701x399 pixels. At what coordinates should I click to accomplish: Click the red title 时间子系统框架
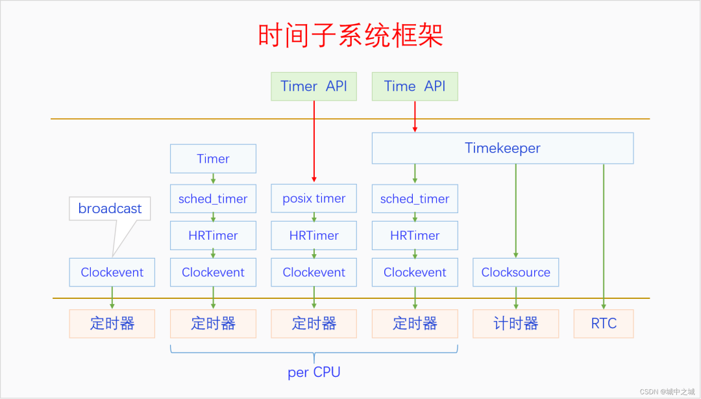coord(350,36)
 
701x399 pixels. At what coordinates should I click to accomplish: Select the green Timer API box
coord(314,86)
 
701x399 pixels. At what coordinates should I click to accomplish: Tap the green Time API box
coord(415,86)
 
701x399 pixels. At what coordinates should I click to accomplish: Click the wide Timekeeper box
coord(502,148)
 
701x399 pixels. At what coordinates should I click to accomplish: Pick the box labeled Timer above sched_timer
coord(213,159)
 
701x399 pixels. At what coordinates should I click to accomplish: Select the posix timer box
coord(314,199)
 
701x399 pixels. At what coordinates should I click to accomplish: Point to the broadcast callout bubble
coord(110,209)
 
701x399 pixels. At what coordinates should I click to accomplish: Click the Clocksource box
coord(515,272)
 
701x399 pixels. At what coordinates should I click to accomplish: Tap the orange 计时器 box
coord(515,324)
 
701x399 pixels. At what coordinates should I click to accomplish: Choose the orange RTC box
coord(604,324)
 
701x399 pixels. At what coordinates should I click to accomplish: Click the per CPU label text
coord(314,372)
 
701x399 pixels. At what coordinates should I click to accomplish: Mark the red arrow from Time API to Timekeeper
coord(415,117)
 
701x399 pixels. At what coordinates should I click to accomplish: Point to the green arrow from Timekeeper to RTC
coord(604,234)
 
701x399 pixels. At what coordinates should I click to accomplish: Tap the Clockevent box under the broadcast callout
coord(112,272)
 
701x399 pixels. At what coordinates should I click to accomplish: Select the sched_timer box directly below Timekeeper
coord(415,199)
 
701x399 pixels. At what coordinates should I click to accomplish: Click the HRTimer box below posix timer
coord(314,236)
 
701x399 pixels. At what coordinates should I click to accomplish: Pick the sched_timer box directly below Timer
coord(213,199)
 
